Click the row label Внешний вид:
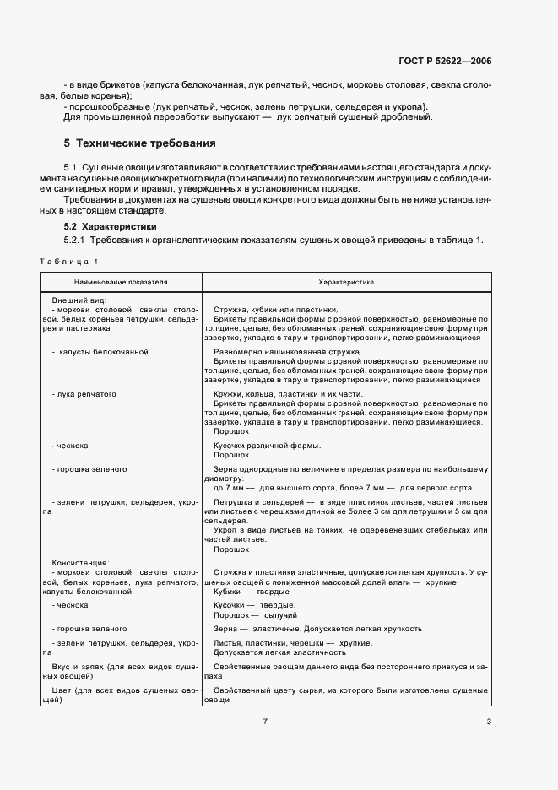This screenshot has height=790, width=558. click(79, 300)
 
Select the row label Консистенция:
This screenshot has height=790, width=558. click(83, 561)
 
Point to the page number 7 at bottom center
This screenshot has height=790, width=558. click(265, 721)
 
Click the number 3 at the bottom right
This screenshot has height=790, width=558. click(489, 721)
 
